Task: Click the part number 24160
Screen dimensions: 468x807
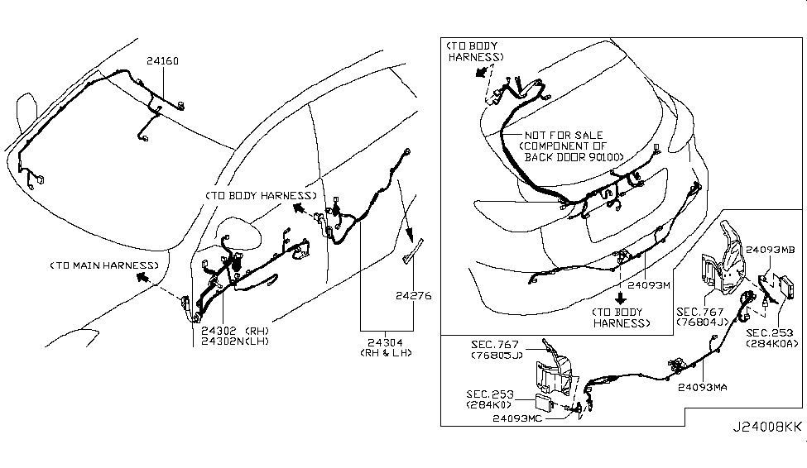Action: click(x=162, y=60)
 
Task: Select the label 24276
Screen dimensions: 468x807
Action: click(x=414, y=295)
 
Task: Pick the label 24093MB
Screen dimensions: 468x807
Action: click(x=770, y=248)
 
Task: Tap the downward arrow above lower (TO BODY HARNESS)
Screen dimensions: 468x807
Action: click(x=620, y=298)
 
